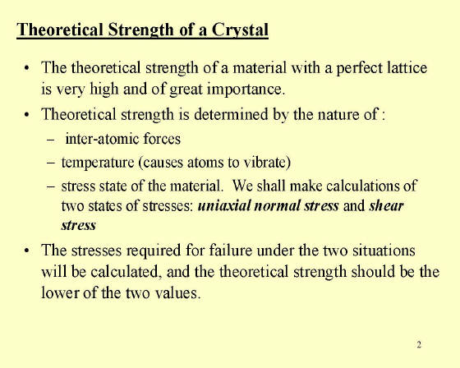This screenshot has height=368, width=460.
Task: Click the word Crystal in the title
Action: [x=240, y=30]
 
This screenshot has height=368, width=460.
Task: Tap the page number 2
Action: [x=419, y=344]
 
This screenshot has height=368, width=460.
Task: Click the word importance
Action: [x=246, y=90]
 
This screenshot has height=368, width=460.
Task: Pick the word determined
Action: [x=231, y=114]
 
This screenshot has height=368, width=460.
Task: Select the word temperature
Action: [x=98, y=163]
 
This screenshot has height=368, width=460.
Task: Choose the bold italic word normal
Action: [x=278, y=205]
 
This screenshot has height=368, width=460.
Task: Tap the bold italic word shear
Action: [x=386, y=205]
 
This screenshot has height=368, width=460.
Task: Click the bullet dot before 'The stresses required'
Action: [x=27, y=251]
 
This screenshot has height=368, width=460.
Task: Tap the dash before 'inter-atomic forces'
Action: [x=50, y=140]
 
